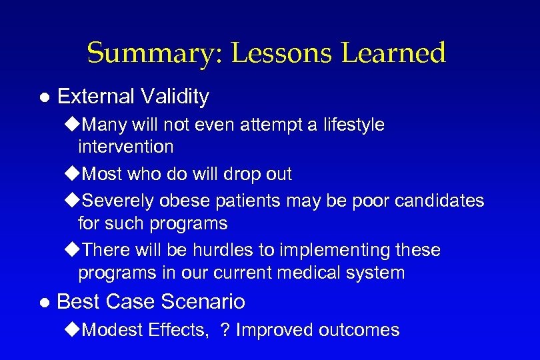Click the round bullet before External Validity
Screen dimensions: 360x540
(x=44, y=97)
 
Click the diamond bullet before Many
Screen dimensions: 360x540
(x=72, y=125)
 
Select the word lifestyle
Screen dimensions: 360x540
(x=353, y=125)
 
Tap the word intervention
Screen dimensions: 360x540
(x=125, y=146)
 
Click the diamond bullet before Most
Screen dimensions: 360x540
(x=72, y=175)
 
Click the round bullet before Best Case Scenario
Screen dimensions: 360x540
(x=44, y=303)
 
